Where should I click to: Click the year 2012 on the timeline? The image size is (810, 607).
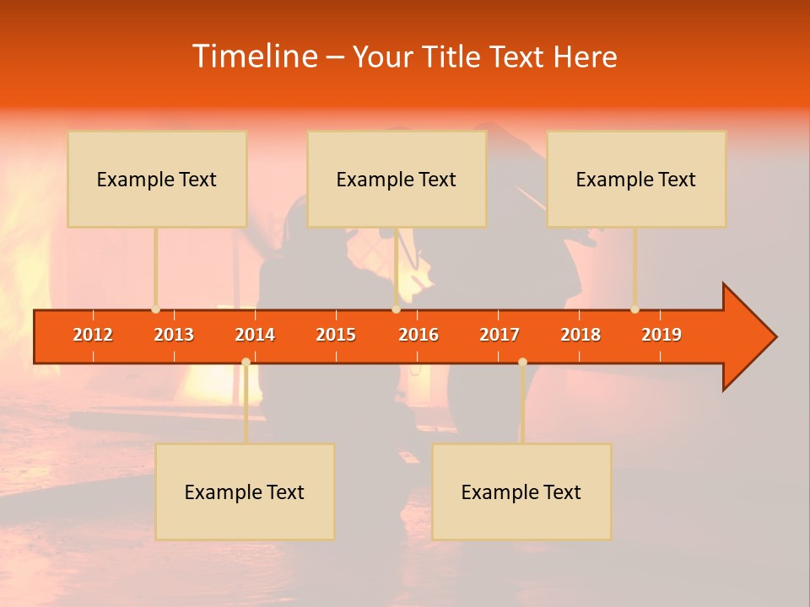pos(93,335)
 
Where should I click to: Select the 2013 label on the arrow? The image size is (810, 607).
pos(174,335)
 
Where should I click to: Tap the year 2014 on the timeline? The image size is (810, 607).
pos(255,335)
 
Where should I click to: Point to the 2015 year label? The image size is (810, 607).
pos(336,335)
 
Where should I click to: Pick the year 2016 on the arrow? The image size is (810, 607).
pos(418,335)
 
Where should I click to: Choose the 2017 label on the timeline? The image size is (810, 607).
pos(499,335)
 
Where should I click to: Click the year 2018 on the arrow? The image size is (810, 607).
pos(580,335)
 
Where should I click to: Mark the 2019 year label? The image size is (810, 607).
pos(661,335)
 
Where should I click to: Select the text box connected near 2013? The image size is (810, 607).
pos(157,179)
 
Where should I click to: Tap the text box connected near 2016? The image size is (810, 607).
pos(397,179)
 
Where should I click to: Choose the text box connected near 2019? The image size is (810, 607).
pos(636,179)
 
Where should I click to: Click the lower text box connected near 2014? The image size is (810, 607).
pos(245,492)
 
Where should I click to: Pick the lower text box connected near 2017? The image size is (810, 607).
pos(521,492)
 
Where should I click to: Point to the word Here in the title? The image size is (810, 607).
pos(585,57)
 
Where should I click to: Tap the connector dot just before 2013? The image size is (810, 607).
pos(155,309)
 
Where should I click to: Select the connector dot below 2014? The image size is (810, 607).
pos(246,362)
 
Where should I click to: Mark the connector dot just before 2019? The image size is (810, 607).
pos(634,309)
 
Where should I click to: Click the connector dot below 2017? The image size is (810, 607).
pos(522,362)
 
